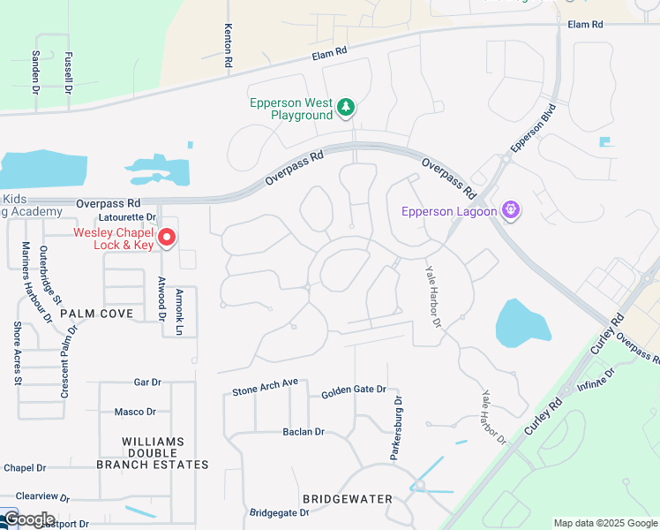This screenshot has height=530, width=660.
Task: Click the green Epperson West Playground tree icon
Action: (347, 109)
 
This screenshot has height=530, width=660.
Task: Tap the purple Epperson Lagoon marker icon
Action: (509, 210)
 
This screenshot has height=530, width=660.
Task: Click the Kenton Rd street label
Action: (228, 47)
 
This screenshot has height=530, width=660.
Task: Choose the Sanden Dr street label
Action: (36, 72)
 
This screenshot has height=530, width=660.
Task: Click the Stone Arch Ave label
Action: (266, 387)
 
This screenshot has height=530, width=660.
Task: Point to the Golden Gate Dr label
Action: (354, 390)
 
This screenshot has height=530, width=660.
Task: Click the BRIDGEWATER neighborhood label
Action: (348, 499)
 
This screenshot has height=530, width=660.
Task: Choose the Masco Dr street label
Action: (135, 412)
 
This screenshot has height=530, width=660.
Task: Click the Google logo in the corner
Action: (28, 519)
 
